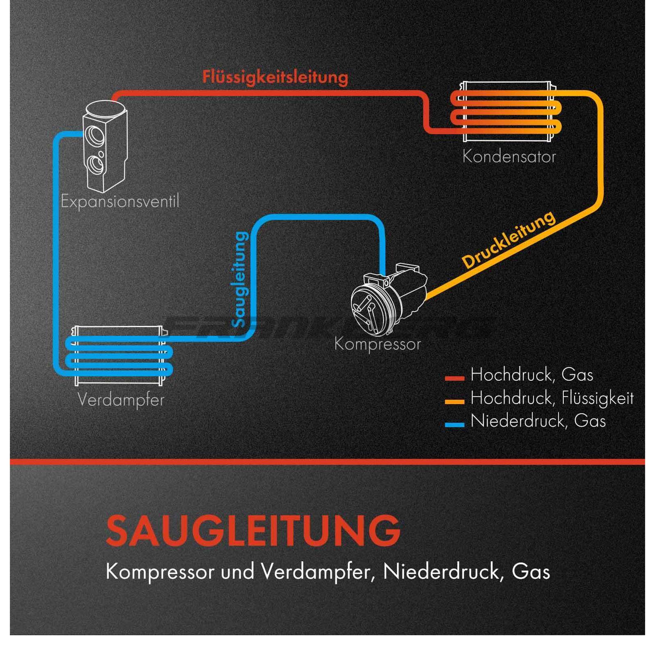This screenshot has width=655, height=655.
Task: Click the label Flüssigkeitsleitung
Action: pyautogui.click(x=275, y=77)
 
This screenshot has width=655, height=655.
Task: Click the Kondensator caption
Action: pyautogui.click(x=509, y=157)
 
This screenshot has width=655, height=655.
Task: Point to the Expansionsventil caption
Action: pyautogui.click(x=120, y=201)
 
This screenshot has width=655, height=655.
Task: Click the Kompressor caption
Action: pyautogui.click(x=377, y=344)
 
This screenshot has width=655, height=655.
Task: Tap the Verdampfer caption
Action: pyautogui.click(x=121, y=400)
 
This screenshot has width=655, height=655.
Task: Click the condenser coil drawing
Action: pyautogui.click(x=507, y=111)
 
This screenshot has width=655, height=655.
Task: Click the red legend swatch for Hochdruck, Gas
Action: pyautogui.click(x=454, y=378)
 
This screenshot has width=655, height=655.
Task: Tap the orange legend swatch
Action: pyautogui.click(x=454, y=402)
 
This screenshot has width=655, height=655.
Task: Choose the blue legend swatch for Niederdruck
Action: pyautogui.click(x=454, y=425)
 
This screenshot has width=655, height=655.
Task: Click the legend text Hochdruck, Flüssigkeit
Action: pyautogui.click(x=552, y=398)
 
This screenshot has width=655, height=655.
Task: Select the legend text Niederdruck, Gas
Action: pyautogui.click(x=538, y=421)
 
